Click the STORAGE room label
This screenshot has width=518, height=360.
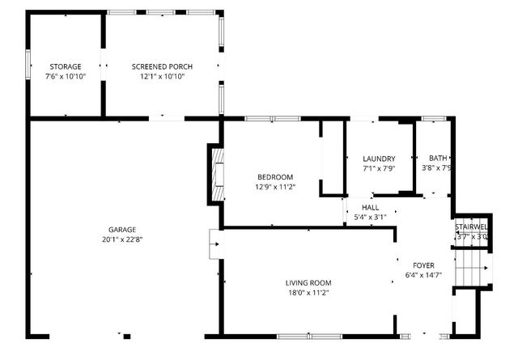pos(65,66)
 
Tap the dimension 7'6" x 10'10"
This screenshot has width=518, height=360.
pos(65,76)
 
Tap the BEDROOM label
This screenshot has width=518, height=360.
pos(275,177)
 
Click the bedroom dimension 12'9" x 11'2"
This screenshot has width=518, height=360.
pos(275,187)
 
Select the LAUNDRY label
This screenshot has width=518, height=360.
pos(379,159)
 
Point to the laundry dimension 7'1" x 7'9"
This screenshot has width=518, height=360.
pos(379,168)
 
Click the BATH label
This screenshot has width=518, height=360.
pos(438,159)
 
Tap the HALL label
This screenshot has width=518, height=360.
pos(370,207)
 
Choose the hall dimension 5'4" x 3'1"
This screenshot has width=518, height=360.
pos(370,217)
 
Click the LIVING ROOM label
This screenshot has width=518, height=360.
pos(308,282)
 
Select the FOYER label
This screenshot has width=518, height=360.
pos(423,265)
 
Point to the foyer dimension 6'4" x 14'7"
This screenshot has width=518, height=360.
pos(423,275)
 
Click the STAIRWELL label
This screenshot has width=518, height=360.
pos(471,227)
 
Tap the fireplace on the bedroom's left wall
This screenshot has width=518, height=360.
pos(216,173)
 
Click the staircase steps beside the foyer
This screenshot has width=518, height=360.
pos(471,267)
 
